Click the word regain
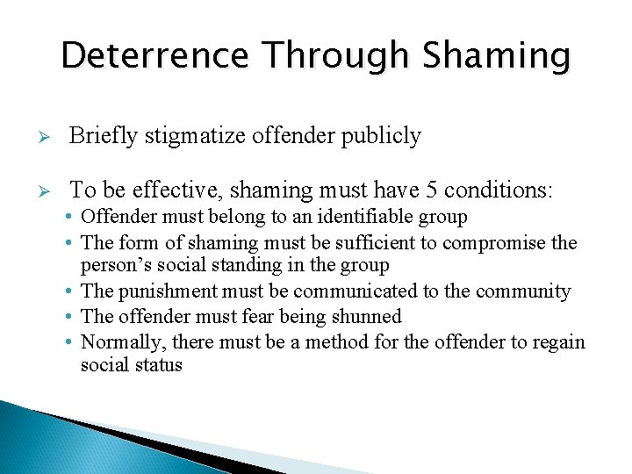[x=555, y=341]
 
